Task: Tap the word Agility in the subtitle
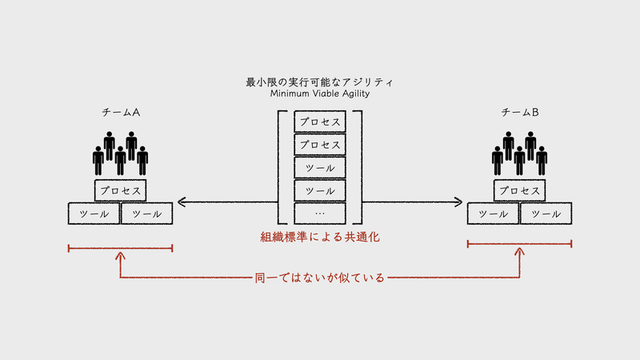(356, 94)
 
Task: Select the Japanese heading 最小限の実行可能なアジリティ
(319, 82)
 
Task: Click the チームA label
(121, 112)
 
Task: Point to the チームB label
(519, 112)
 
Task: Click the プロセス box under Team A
(121, 190)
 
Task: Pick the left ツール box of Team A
(94, 214)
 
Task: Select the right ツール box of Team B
(546, 214)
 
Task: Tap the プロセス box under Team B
(519, 190)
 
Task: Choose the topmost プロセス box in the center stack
(320, 122)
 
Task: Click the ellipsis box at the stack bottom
(320, 214)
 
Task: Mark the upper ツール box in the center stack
(320, 168)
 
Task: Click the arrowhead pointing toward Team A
(182, 202)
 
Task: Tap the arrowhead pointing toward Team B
(458, 202)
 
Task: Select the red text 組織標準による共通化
(320, 237)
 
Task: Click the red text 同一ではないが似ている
(319, 278)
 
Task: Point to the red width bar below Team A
(121, 248)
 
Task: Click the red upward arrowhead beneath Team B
(519, 251)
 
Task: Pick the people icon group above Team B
(519, 154)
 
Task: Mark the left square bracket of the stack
(278, 167)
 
